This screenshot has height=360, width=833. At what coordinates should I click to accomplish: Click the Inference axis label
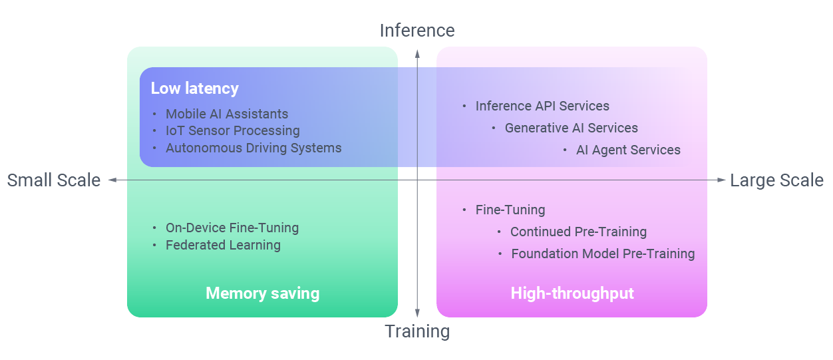[417, 31]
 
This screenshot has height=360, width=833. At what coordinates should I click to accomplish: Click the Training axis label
[417, 331]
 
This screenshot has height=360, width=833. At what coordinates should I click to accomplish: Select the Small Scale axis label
[54, 180]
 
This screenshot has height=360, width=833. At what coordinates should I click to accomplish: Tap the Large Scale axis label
[776, 180]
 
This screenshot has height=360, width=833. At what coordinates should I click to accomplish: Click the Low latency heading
[194, 89]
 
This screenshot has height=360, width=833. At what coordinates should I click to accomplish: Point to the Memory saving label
[263, 293]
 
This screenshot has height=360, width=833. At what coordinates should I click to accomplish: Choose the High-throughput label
[572, 293]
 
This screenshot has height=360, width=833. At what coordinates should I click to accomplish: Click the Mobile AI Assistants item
[227, 114]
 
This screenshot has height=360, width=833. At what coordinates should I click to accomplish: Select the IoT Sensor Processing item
[232, 131]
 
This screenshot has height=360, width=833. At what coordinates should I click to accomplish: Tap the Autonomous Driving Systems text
[253, 148]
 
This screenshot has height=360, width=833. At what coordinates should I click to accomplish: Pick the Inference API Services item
[542, 106]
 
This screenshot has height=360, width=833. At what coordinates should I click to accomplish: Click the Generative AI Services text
[571, 128]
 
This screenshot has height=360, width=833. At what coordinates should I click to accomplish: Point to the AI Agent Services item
[628, 150]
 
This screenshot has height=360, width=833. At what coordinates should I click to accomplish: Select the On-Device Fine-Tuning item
[232, 228]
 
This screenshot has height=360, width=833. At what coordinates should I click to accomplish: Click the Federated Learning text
[223, 246]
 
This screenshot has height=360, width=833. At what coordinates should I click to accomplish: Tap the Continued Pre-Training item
[578, 232]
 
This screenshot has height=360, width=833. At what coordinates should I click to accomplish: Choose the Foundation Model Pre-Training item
[603, 254]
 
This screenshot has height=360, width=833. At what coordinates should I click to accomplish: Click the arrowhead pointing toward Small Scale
[112, 180]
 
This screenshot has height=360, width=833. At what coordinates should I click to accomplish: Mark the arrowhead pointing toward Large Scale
[722, 180]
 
